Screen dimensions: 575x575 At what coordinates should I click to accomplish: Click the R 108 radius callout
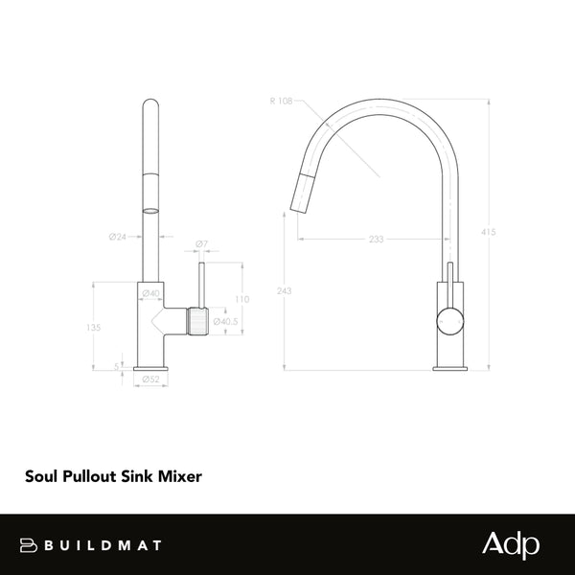tap(282, 101)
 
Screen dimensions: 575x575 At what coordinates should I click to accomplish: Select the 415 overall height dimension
tap(489, 232)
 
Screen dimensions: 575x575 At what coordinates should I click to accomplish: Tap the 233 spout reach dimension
tap(375, 240)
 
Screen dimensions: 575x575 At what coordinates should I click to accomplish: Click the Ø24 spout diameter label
tap(119, 236)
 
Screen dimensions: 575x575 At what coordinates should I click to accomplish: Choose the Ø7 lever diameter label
tap(200, 245)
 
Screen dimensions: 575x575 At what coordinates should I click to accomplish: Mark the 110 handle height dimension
tap(241, 299)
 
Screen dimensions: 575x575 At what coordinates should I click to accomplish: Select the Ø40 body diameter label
tap(150, 293)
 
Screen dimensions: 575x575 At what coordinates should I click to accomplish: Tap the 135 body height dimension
tap(93, 327)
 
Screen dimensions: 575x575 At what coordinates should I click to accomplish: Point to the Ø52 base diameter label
tap(150, 379)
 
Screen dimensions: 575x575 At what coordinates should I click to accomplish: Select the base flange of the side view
tap(448, 367)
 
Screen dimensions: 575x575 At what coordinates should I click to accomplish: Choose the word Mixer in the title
tap(180, 474)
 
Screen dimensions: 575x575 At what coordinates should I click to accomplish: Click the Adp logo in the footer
tap(510, 544)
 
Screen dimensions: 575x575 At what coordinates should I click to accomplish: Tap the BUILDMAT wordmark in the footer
tap(96, 545)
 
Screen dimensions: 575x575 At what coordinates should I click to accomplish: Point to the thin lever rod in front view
tap(201, 283)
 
